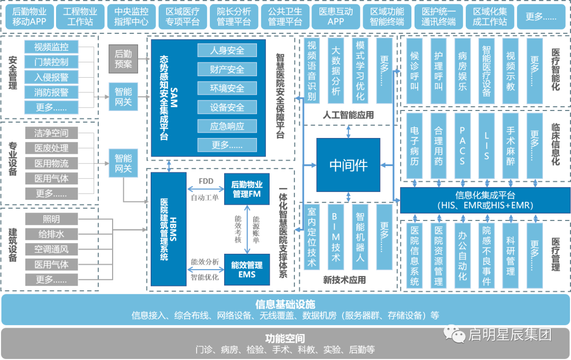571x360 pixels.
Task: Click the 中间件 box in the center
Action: point(348,165)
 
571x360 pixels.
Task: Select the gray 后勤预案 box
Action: point(123,59)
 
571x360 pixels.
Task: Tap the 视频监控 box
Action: point(51,47)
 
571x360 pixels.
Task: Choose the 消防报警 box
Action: point(51,93)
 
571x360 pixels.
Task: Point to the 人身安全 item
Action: point(227,50)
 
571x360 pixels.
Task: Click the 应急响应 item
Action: point(227,126)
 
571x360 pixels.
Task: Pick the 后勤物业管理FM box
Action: point(247,189)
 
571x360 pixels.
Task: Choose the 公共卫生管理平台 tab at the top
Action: point(284,16)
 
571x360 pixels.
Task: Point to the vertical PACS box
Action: point(462,145)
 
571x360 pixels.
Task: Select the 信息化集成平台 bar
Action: point(485,200)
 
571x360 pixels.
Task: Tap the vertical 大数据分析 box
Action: point(335,70)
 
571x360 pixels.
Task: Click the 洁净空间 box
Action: point(51,133)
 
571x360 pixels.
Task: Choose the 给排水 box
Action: point(51,234)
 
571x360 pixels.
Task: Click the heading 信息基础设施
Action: point(285,304)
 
